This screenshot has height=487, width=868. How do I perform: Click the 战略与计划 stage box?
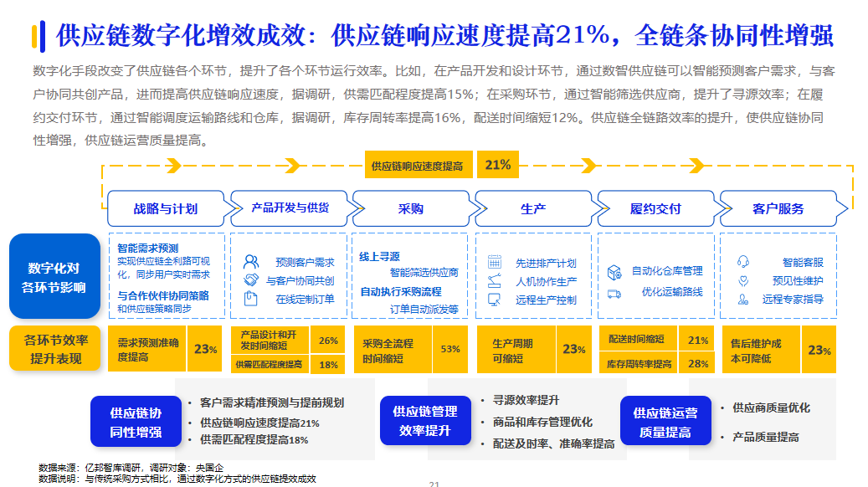[165, 208]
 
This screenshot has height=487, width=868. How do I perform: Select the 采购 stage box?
[410, 208]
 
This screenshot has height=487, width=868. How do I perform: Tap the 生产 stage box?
[533, 208]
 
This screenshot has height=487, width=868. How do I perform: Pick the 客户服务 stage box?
[778, 208]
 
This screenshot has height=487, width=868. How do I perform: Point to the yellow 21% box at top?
[497, 165]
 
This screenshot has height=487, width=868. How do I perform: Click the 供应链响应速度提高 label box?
[417, 166]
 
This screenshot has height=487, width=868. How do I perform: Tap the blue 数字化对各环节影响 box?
[54, 278]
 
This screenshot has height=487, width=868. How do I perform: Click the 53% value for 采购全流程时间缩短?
[449, 349]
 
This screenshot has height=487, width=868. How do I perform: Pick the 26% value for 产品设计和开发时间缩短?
[328, 341]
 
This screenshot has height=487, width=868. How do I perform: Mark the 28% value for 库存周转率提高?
[697, 364]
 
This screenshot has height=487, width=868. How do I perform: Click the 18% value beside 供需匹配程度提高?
[328, 364]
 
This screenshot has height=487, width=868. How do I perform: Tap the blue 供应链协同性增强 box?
[136, 422]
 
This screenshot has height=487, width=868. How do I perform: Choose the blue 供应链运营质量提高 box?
[665, 422]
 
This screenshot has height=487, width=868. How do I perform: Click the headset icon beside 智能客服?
[742, 262]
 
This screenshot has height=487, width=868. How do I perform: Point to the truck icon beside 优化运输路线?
[614, 293]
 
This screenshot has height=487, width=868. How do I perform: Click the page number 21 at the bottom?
[434, 483]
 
